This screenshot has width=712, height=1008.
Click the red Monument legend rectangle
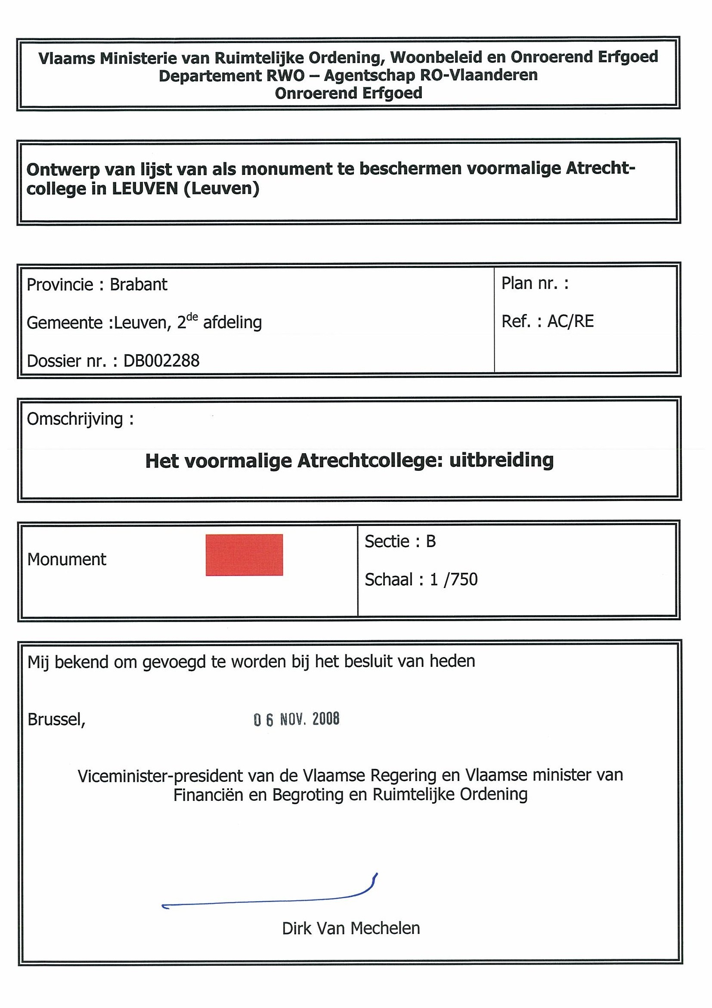point(244,554)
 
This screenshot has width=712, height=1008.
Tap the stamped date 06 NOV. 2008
point(296,719)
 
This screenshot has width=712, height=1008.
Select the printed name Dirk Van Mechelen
point(351,929)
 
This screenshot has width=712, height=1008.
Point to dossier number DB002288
point(161,361)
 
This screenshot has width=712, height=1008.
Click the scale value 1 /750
point(454,579)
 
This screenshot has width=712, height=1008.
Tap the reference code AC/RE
point(570,321)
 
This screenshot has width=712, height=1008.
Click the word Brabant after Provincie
point(138,284)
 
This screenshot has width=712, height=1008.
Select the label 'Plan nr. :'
point(535,283)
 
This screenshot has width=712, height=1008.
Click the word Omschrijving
point(74,419)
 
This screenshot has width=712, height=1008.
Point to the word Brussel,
point(56,719)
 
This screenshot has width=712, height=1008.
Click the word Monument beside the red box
point(67,560)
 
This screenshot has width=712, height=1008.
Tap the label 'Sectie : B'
point(400,541)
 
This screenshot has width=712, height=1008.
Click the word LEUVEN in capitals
point(145,189)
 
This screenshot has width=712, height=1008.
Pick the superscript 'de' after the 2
point(192,317)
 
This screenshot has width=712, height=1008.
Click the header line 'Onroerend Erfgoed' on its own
point(348,93)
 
